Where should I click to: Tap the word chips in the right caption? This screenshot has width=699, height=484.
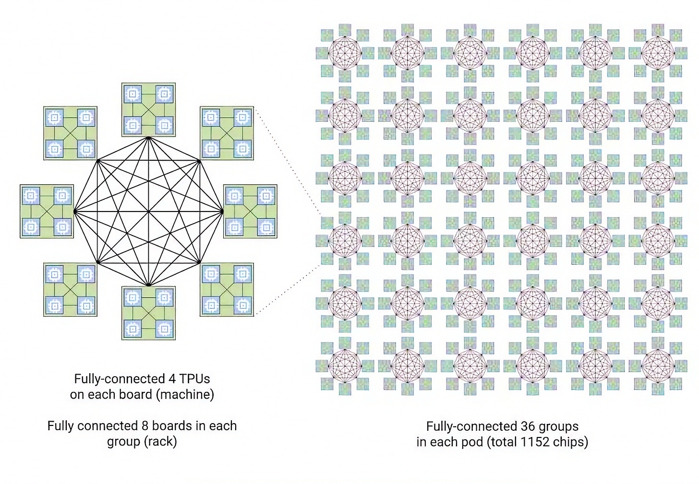(x=570, y=442)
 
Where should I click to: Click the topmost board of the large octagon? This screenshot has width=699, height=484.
(x=148, y=109)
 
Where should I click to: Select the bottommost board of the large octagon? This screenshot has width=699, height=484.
(x=148, y=313)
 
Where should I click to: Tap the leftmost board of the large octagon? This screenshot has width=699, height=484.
(x=47, y=211)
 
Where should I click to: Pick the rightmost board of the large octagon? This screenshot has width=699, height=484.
(x=250, y=211)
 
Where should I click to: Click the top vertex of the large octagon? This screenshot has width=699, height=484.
(x=149, y=138)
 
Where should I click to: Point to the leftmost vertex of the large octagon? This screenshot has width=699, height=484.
(x=74, y=211)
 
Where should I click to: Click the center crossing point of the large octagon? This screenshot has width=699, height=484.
(x=149, y=211)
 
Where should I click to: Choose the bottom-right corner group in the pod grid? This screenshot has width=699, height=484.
(x=658, y=366)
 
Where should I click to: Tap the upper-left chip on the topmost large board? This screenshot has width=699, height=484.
(x=133, y=94)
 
